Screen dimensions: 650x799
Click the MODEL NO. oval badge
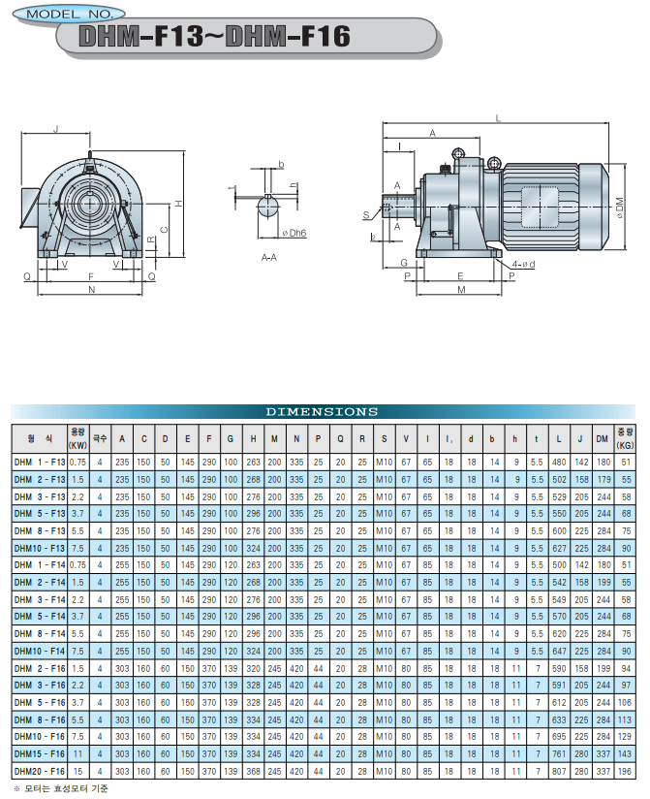point(69,14)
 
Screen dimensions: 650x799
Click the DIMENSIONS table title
point(323,412)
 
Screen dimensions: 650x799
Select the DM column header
point(603,438)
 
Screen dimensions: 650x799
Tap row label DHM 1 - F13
point(40,463)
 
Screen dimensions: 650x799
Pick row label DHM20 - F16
point(40,772)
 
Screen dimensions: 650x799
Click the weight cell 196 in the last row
point(625,772)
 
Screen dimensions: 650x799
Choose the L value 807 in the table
point(559,772)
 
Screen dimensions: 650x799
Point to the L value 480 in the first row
point(559,463)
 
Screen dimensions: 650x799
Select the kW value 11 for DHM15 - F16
point(77,754)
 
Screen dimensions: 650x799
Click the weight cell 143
point(625,754)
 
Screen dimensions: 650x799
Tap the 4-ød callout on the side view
point(523,264)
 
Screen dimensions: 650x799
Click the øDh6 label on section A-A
point(294,233)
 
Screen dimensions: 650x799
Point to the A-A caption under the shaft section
point(268,258)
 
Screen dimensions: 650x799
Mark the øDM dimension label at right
point(619,208)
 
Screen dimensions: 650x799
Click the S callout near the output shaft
point(366,215)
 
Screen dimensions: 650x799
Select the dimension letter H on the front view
point(178,204)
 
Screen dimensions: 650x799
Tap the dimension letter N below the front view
point(92,289)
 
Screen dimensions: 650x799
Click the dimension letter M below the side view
point(461,289)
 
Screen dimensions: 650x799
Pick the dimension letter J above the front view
point(56,129)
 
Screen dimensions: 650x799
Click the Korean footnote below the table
point(61,788)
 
